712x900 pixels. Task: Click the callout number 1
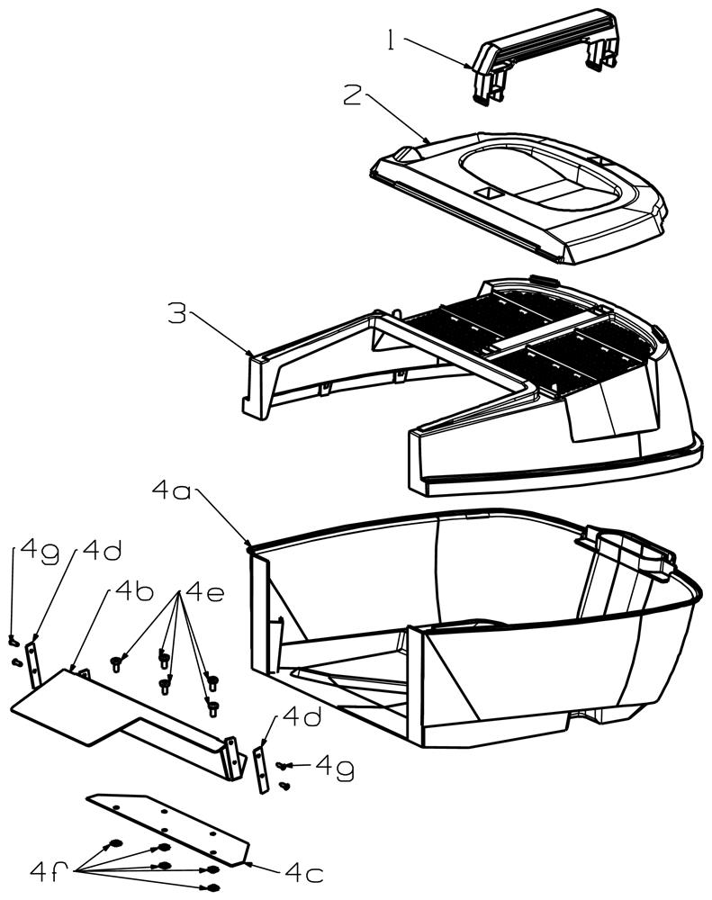pyautogui.click(x=392, y=41)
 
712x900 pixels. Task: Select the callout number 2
pyautogui.click(x=352, y=94)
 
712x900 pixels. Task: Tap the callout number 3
pyautogui.click(x=176, y=313)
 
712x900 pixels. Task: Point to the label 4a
pyautogui.click(x=171, y=491)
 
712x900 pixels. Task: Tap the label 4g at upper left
pyautogui.click(x=40, y=553)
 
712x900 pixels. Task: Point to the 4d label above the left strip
pyautogui.click(x=103, y=550)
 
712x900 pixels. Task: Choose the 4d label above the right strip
pyautogui.click(x=302, y=717)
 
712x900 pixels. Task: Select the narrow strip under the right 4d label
pyautogui.click(x=261, y=769)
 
